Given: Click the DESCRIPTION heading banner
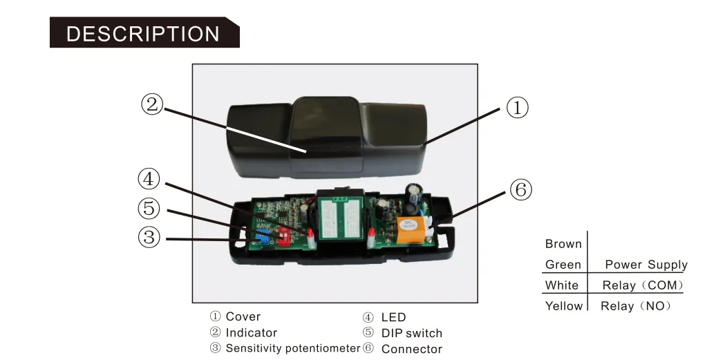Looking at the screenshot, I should pyautogui.click(x=143, y=33).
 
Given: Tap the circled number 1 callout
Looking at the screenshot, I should pyautogui.click(x=517, y=108).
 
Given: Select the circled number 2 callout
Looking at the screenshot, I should pyautogui.click(x=152, y=104).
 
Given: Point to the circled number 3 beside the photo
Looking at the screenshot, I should pyautogui.click(x=149, y=237).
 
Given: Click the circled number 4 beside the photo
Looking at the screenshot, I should pyautogui.click(x=149, y=179).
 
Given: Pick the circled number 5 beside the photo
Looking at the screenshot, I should pyautogui.click(x=149, y=208).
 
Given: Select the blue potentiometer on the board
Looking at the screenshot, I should pyautogui.click(x=261, y=237).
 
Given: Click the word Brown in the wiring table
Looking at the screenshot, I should pyautogui.click(x=563, y=244).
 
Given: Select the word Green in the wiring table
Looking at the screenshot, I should pyautogui.click(x=563, y=265).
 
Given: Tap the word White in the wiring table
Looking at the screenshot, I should pyautogui.click(x=562, y=285).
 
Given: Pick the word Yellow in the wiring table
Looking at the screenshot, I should pyautogui.click(x=564, y=306).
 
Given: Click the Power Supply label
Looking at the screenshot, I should pyautogui.click(x=646, y=265).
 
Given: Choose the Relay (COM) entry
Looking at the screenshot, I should pyautogui.click(x=643, y=285).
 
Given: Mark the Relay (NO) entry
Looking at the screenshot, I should pyautogui.click(x=636, y=306).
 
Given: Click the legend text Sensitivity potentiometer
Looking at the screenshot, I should pyautogui.click(x=292, y=348).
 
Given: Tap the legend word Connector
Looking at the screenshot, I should pyautogui.click(x=411, y=349).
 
